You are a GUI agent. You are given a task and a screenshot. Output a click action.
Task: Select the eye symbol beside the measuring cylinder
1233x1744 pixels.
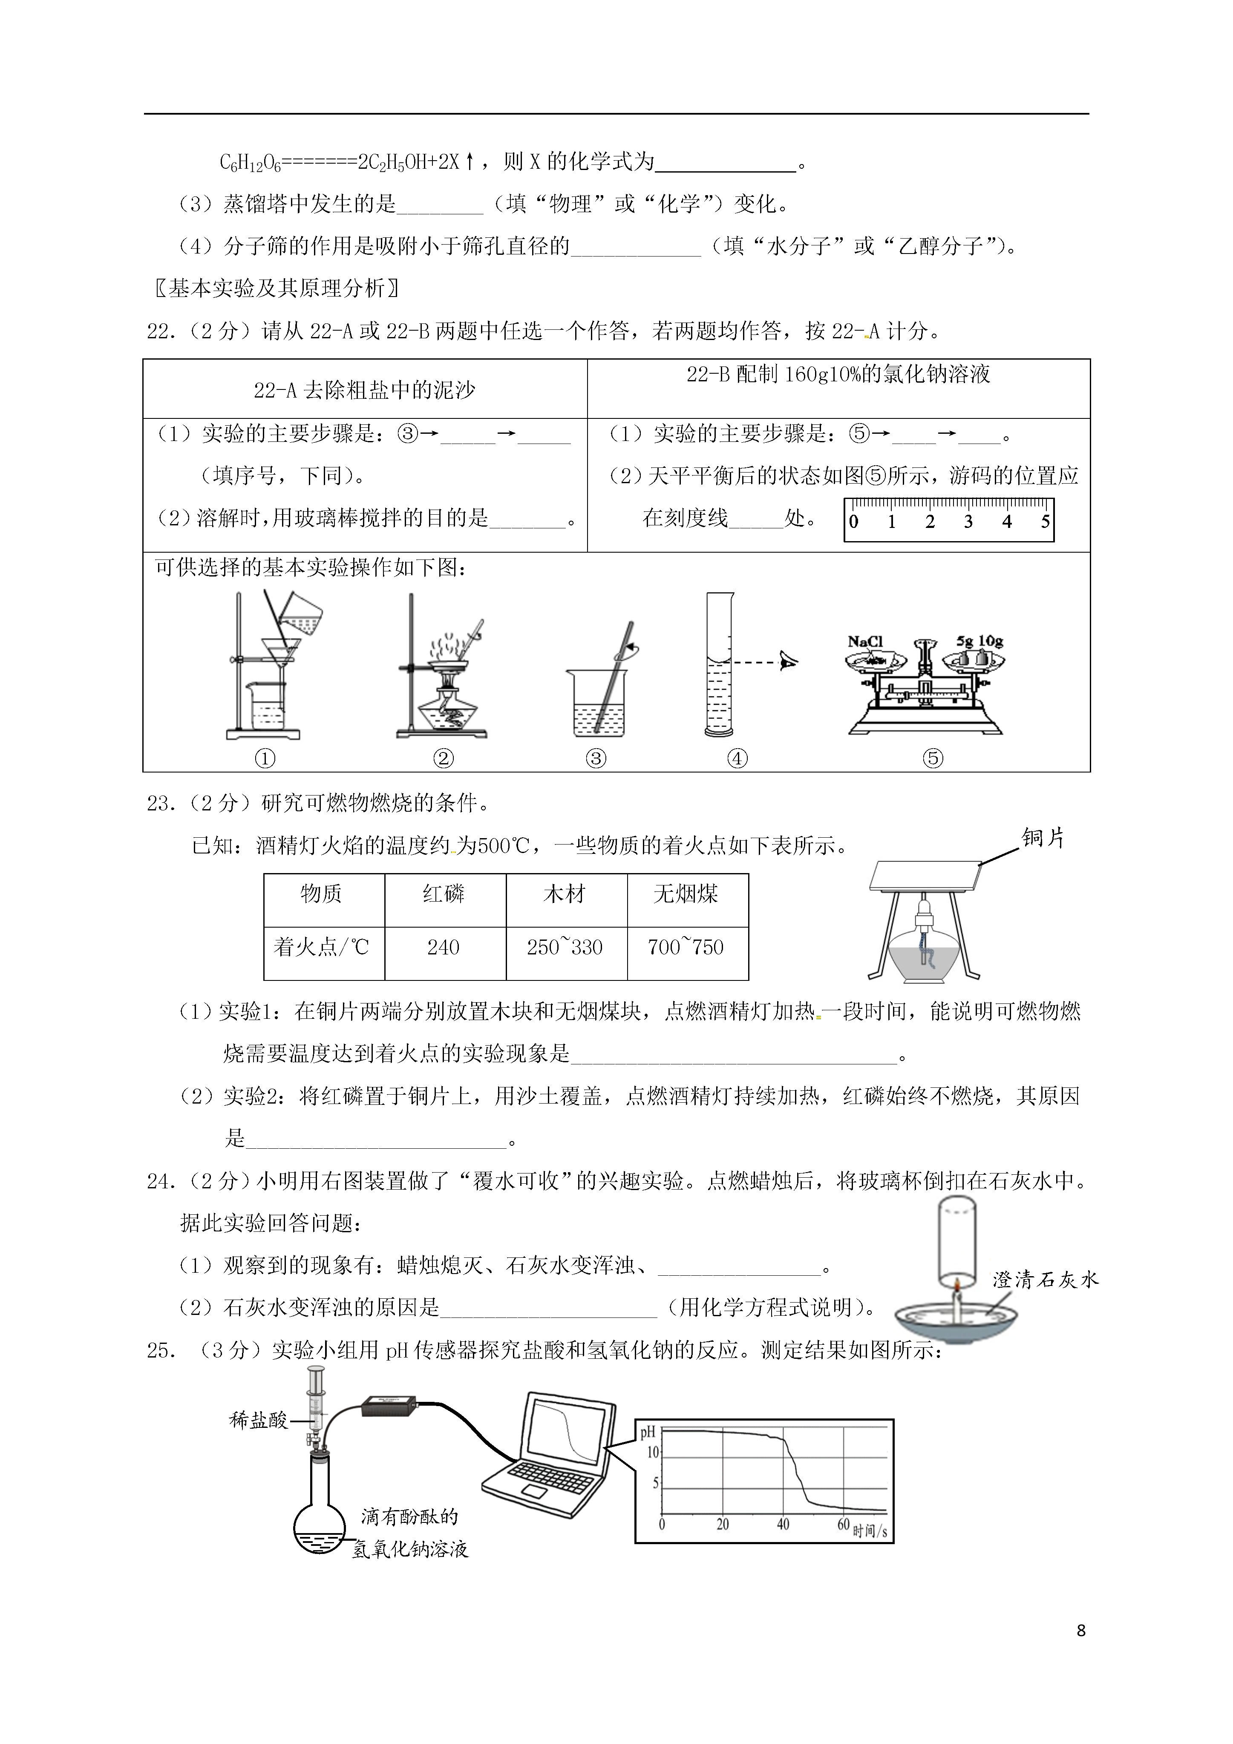click(789, 662)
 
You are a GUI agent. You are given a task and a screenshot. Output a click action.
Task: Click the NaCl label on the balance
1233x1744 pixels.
click(865, 642)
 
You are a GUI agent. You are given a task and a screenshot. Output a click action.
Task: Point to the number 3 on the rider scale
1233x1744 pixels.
click(968, 522)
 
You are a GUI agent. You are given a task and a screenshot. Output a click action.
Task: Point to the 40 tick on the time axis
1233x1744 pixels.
click(783, 1525)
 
